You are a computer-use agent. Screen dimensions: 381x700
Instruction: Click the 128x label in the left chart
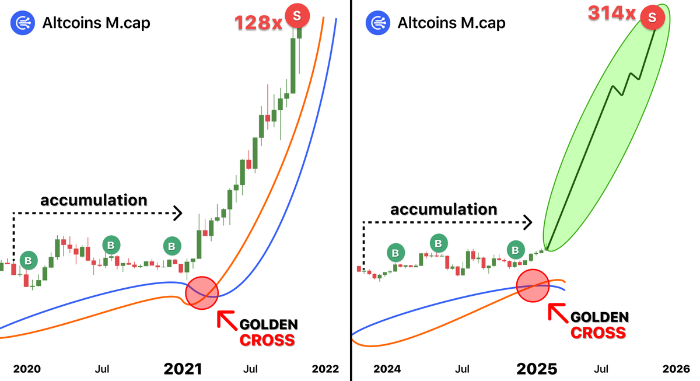click(258, 22)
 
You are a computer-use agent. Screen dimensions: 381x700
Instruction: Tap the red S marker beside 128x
click(297, 17)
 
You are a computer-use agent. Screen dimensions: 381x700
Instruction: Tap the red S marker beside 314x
click(652, 18)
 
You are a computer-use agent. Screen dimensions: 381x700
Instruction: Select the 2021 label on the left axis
click(183, 369)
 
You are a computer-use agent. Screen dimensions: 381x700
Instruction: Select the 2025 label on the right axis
click(537, 369)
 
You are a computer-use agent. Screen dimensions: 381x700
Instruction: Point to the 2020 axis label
click(26, 369)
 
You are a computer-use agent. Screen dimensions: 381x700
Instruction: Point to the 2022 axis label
click(325, 369)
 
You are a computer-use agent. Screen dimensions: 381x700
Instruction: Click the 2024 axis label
click(387, 369)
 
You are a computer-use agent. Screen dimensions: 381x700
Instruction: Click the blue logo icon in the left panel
click(21, 23)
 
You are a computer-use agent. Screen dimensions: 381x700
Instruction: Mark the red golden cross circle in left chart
click(202, 293)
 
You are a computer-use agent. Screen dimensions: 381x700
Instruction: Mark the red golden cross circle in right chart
click(534, 285)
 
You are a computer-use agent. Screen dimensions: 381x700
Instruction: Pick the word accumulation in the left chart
click(93, 200)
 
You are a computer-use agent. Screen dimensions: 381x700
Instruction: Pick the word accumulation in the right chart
click(443, 209)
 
